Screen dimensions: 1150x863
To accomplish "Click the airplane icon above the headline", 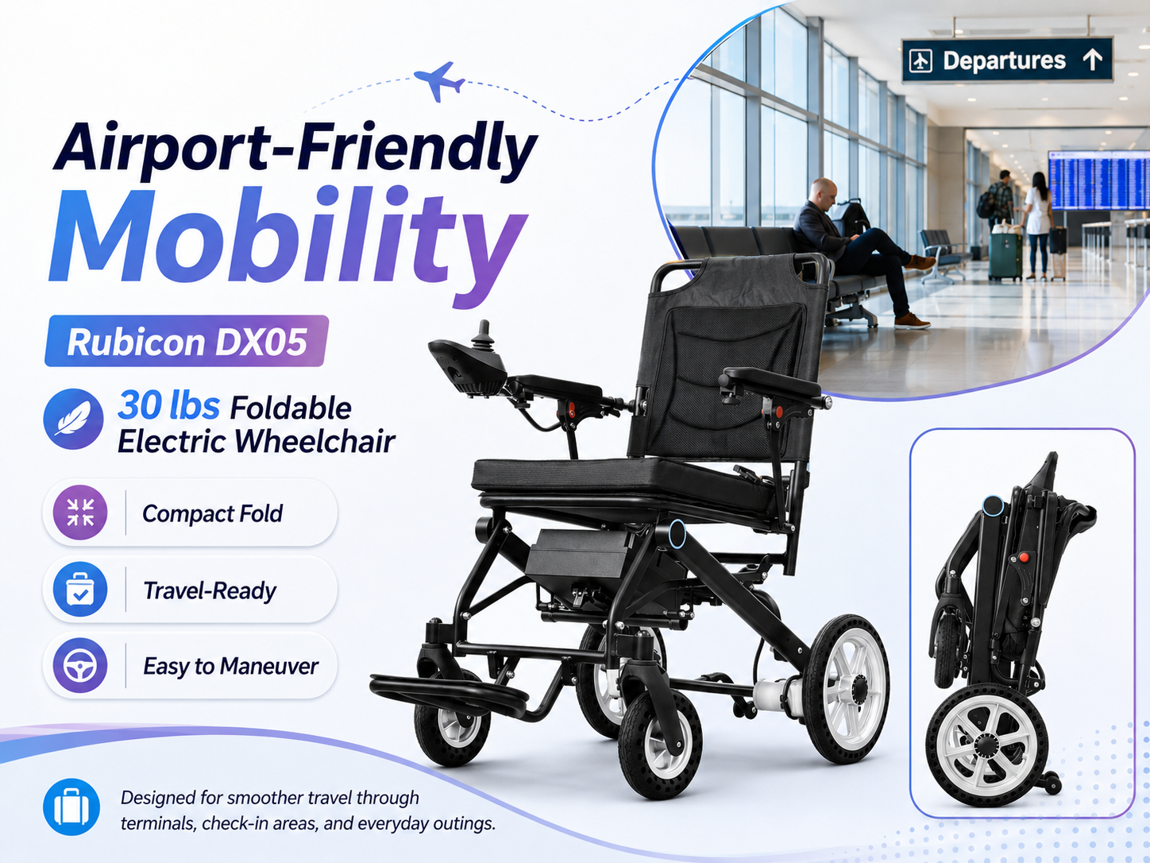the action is coord(439,81).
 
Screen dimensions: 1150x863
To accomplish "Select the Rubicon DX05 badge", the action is coord(187,341).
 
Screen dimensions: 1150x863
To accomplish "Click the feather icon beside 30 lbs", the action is coord(73,419).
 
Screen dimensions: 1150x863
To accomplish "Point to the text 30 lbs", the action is coord(168,406).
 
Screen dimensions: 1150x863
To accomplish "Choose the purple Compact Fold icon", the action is coord(80,513).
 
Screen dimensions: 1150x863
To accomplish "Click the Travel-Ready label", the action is coord(210,590).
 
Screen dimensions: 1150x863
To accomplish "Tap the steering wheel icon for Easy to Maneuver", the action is coord(80,665).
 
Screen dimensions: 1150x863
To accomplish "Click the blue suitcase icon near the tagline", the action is coord(71,807).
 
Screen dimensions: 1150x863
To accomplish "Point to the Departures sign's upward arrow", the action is coord(1092,60).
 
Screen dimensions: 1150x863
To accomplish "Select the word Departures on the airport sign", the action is coord(1004,60).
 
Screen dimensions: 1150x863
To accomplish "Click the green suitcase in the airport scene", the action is coord(1005,256).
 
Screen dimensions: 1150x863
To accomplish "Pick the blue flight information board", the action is coord(1098,180).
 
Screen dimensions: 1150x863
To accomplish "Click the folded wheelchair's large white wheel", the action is coord(987,745).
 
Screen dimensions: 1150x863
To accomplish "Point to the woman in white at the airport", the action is coord(1038,226).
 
